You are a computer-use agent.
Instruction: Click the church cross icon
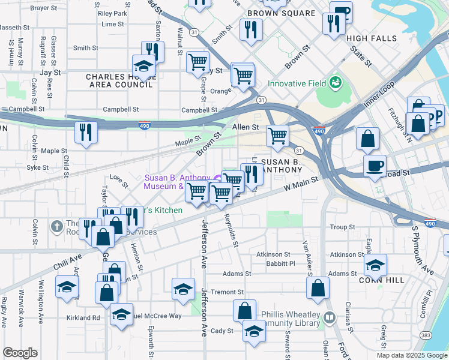point(56,226)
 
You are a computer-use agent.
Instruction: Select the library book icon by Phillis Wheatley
point(329,317)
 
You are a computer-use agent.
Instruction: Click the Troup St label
point(343,227)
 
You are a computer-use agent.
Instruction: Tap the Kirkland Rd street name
point(83,317)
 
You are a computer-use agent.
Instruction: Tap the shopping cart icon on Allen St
point(277,136)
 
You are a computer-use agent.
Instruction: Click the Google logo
point(20,353)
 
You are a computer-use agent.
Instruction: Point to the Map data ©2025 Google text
point(411,355)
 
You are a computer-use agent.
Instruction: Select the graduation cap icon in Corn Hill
point(375,264)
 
